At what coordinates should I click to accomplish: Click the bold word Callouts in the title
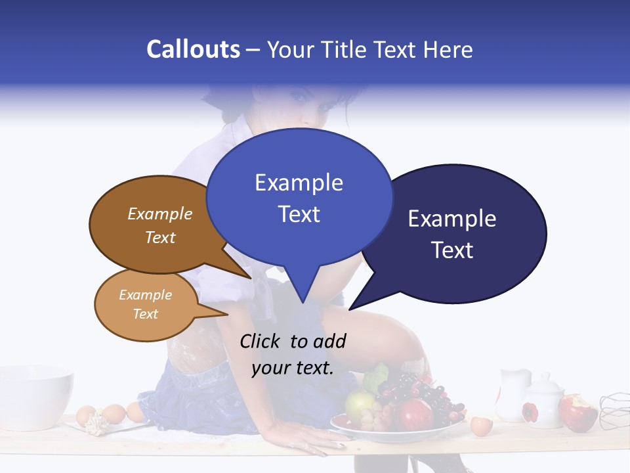(193, 49)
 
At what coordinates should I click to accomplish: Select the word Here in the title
(447, 49)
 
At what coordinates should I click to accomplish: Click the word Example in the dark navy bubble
(452, 219)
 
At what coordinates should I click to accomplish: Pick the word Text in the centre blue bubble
(299, 214)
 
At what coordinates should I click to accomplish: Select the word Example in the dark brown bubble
(160, 214)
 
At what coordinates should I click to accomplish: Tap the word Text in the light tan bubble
(146, 314)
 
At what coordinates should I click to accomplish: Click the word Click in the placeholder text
(261, 341)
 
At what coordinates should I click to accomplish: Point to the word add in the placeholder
(329, 341)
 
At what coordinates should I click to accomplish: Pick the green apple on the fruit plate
(359, 406)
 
